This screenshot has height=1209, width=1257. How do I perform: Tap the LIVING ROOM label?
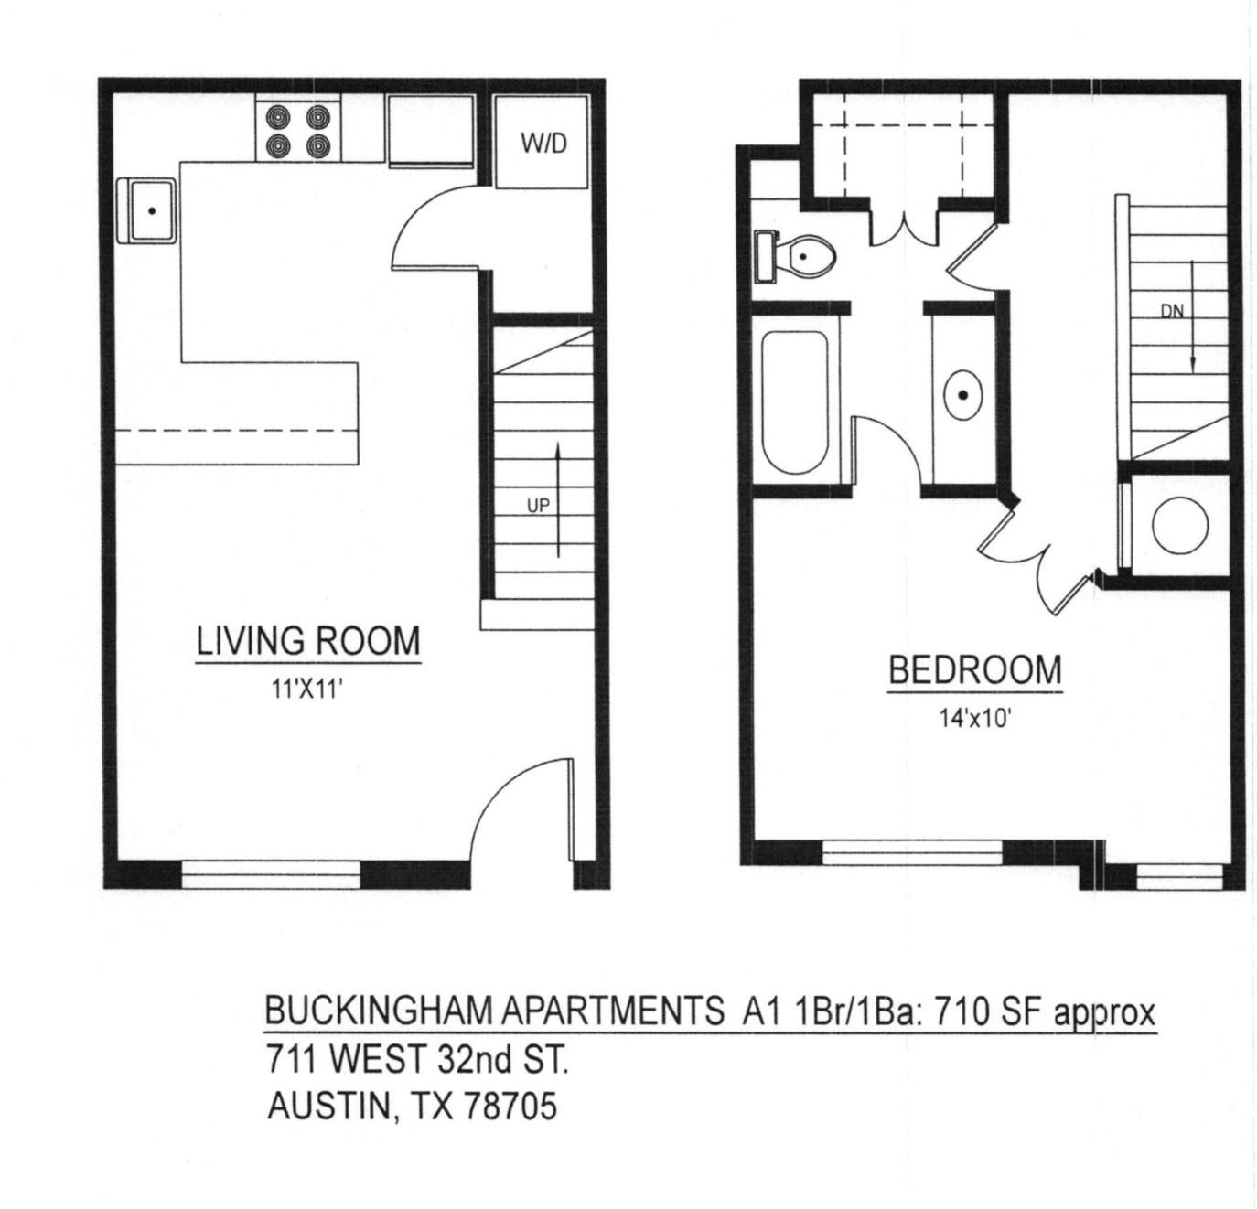(x=308, y=640)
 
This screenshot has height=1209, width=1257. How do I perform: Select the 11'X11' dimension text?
(x=307, y=689)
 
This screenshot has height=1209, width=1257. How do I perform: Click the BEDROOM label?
(x=975, y=670)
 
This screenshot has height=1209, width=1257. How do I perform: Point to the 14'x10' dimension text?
(x=974, y=719)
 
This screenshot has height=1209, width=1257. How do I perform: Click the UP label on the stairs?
(x=538, y=504)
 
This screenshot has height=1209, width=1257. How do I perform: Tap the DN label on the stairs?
(x=1172, y=311)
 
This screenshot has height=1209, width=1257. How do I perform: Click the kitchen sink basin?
(x=150, y=210)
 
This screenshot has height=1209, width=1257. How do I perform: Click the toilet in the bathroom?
(x=801, y=257)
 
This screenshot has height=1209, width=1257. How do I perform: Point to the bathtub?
(x=794, y=402)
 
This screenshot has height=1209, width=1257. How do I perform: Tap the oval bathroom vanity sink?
(x=963, y=395)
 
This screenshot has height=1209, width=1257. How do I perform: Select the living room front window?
(x=272, y=875)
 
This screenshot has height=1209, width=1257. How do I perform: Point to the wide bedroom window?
(x=913, y=852)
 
